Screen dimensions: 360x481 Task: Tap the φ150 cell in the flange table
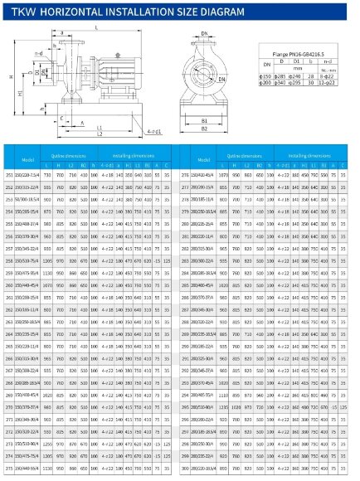[265, 77]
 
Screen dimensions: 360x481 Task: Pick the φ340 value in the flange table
[285, 84]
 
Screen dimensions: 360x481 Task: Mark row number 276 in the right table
[184, 175]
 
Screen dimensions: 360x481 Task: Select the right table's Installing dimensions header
[309, 153]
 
